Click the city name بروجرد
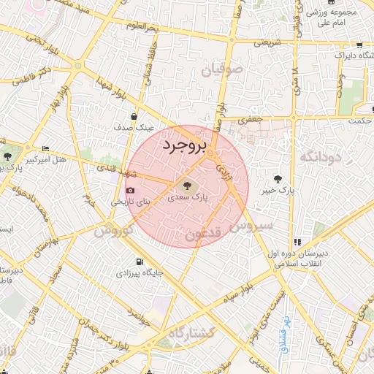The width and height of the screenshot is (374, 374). pos(185,146)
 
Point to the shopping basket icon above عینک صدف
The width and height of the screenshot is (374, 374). pos(134,115)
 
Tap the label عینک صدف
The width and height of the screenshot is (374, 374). pos(133,127)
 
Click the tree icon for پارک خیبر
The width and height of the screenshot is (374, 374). pos(277,179)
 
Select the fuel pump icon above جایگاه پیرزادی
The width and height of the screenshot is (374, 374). pos(139,262)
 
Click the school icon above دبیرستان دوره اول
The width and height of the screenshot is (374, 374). pos(297,242)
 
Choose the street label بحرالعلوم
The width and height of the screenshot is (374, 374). pos(140,27)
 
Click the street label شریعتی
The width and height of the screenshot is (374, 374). pos(266,43)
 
